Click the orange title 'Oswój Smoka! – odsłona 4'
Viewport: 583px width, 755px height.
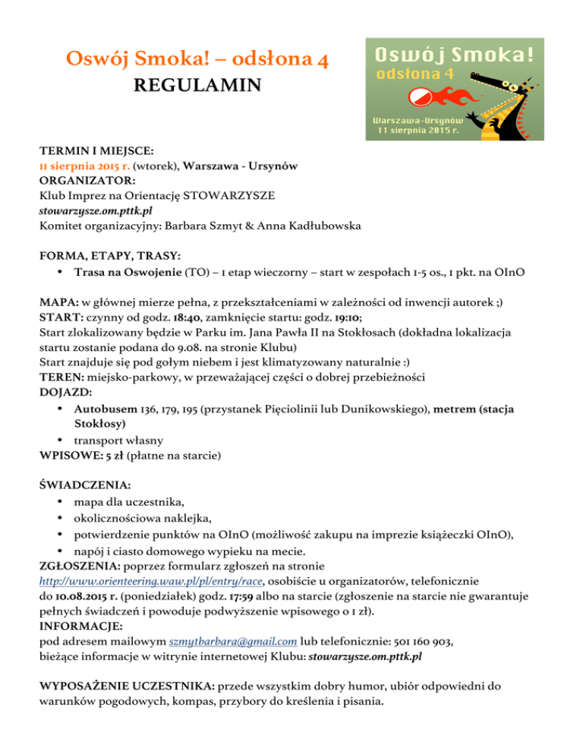click(x=197, y=57)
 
